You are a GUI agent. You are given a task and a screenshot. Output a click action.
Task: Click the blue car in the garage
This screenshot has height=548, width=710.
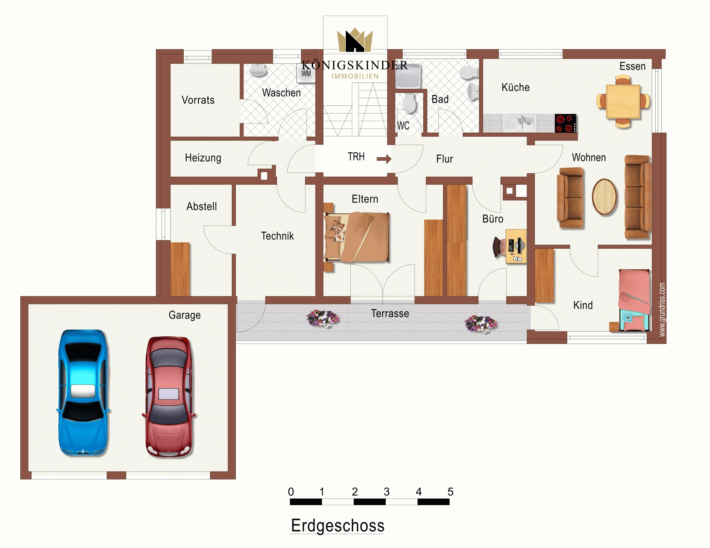(x=83, y=392)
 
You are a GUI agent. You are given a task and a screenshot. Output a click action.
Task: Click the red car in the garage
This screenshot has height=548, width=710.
(x=169, y=396)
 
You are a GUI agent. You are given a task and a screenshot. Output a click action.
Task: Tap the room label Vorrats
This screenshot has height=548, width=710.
(x=198, y=100)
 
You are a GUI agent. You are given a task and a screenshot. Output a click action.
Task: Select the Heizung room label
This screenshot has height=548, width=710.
(x=203, y=158)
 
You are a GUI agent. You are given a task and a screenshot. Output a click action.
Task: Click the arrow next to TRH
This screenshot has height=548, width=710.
(x=384, y=159)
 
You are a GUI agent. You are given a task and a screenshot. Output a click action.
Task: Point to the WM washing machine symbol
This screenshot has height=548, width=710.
(x=306, y=74)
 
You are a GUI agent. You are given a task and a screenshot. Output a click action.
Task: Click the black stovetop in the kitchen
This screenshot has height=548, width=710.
(x=565, y=123)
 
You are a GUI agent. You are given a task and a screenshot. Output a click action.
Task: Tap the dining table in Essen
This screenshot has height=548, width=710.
(x=623, y=102)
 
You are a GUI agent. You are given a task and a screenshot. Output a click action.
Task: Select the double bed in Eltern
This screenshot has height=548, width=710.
(x=356, y=237)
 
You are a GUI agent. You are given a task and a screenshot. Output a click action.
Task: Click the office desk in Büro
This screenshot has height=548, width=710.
(x=516, y=246)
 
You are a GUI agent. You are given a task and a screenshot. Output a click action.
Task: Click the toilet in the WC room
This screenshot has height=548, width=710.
(x=409, y=103)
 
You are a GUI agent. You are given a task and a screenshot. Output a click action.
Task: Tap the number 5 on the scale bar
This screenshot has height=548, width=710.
(x=450, y=491)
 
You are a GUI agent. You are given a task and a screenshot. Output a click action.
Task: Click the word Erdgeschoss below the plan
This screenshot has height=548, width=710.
(x=338, y=526)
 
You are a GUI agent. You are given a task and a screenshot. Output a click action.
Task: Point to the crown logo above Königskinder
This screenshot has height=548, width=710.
(x=355, y=40)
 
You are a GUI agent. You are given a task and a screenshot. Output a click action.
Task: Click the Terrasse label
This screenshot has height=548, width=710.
(x=390, y=313)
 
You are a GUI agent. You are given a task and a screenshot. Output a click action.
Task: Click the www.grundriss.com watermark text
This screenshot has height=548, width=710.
(x=662, y=310)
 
